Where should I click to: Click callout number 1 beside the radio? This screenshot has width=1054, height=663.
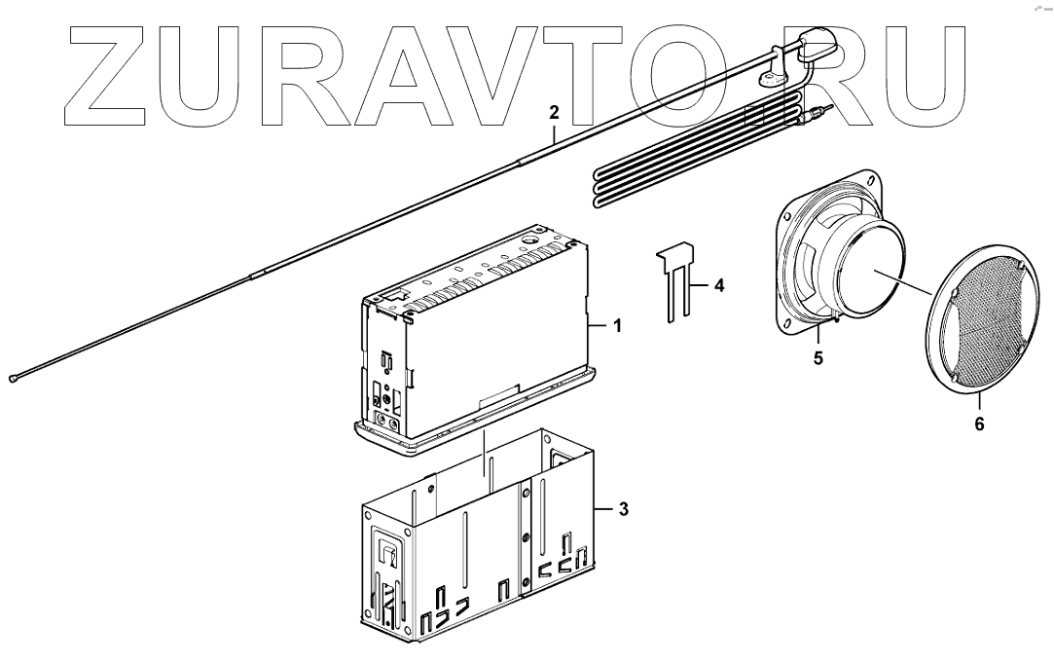(x=615, y=326)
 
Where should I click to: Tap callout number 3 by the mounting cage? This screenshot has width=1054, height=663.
(x=623, y=508)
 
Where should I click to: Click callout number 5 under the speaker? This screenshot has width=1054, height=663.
(x=818, y=357)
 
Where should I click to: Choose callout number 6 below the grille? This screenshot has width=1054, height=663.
(x=979, y=424)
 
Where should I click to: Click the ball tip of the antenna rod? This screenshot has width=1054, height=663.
(x=13, y=379)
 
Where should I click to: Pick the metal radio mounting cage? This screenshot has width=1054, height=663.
(x=477, y=545)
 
